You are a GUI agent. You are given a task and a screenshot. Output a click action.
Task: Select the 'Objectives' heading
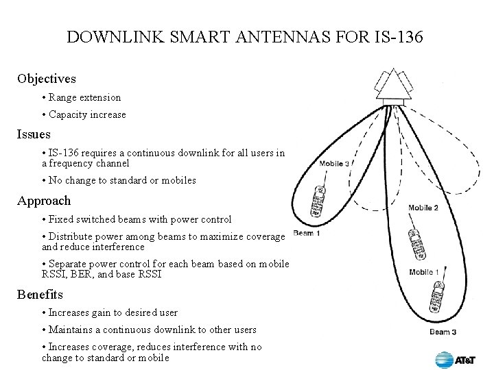47,79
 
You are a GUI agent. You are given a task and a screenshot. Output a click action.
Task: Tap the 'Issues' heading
34,134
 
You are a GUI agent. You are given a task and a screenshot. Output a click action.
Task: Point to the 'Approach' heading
44,201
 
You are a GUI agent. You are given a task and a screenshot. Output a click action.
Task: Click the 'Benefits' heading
40,295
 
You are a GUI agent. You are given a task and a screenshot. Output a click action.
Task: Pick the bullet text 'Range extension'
84,97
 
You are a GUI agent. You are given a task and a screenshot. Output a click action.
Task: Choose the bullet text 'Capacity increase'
87,114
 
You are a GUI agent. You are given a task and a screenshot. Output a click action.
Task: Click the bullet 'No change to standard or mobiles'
119,180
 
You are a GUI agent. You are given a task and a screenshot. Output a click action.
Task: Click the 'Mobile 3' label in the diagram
334,164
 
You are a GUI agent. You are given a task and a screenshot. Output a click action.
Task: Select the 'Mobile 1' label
425,272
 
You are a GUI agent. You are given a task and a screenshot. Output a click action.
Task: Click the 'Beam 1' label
306,234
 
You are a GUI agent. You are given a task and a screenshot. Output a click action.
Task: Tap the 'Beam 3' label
443,332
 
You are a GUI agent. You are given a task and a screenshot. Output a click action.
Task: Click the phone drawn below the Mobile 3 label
318,201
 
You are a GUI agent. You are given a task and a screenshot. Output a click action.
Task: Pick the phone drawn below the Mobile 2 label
416,245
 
